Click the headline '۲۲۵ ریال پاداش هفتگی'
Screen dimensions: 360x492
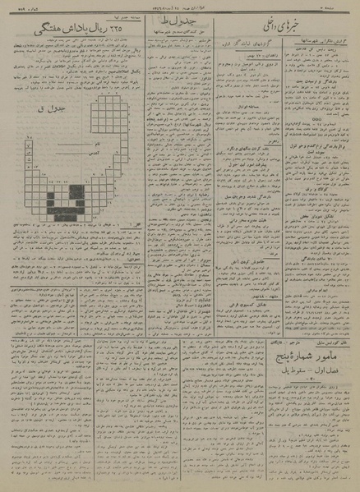point(67,29)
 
